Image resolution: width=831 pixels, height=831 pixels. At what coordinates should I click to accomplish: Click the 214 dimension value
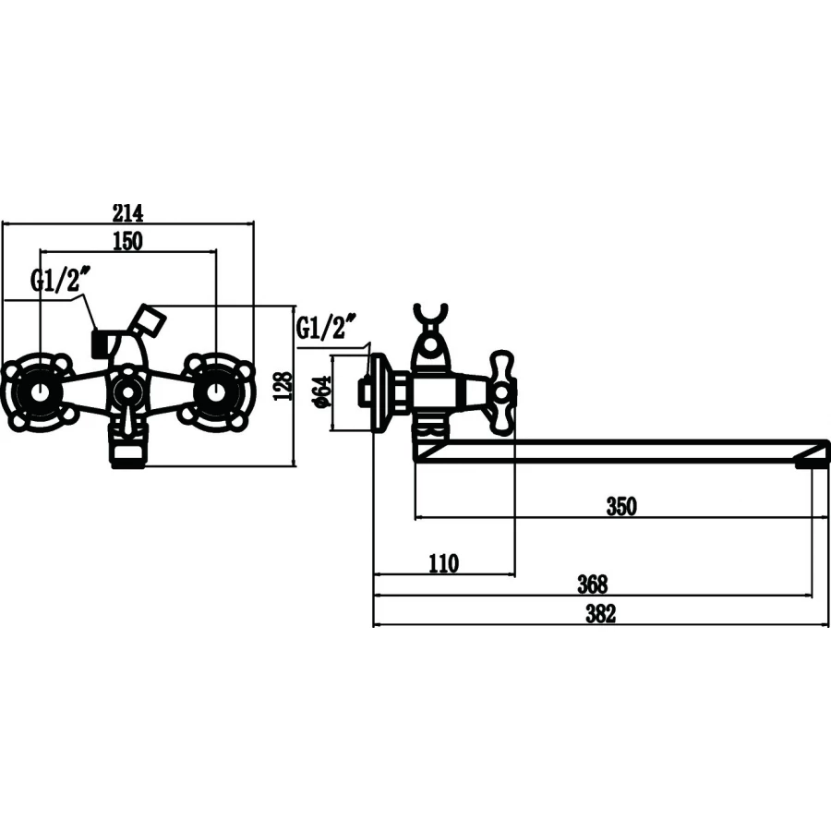tap(127, 212)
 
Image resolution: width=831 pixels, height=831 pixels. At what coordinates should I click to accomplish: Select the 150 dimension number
tap(127, 241)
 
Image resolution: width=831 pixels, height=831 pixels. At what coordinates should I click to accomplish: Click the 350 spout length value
tap(620, 506)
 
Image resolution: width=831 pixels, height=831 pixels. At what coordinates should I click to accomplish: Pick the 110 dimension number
tap(443, 563)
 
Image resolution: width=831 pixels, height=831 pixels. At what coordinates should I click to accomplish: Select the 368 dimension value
tap(592, 584)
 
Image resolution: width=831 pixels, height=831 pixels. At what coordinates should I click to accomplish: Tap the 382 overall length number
tap(600, 614)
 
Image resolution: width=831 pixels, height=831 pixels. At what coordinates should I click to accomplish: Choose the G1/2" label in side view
tap(326, 327)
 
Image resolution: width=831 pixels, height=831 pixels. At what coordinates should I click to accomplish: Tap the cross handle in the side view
tap(501, 392)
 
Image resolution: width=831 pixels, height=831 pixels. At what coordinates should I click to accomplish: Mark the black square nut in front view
tap(100, 344)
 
